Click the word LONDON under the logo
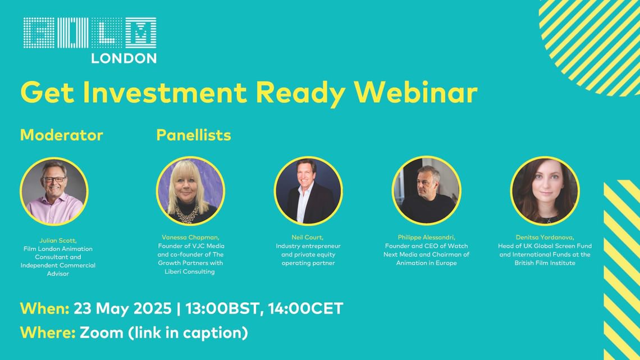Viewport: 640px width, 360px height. click(x=124, y=58)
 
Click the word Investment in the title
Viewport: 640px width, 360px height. click(x=165, y=92)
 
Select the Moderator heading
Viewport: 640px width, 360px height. click(x=62, y=135)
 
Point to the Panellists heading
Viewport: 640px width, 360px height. click(x=194, y=135)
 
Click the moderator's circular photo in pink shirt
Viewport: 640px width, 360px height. click(x=54, y=192)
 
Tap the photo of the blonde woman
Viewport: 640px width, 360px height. click(x=190, y=191)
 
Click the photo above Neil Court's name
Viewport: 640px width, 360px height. click(x=308, y=191)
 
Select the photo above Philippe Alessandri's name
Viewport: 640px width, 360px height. click(x=427, y=191)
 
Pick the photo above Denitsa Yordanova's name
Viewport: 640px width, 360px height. click(x=545, y=191)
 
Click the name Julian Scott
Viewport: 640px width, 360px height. click(x=58, y=240)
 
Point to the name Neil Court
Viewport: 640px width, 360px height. click(x=307, y=237)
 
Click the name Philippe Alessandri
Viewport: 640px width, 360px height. click(x=427, y=237)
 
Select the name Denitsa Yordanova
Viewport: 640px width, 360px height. click(x=545, y=237)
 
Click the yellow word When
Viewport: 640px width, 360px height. click(x=44, y=308)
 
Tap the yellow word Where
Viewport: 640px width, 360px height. click(x=48, y=332)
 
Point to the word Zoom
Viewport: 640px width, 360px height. click(x=102, y=332)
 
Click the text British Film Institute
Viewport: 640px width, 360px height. click(x=545, y=263)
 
